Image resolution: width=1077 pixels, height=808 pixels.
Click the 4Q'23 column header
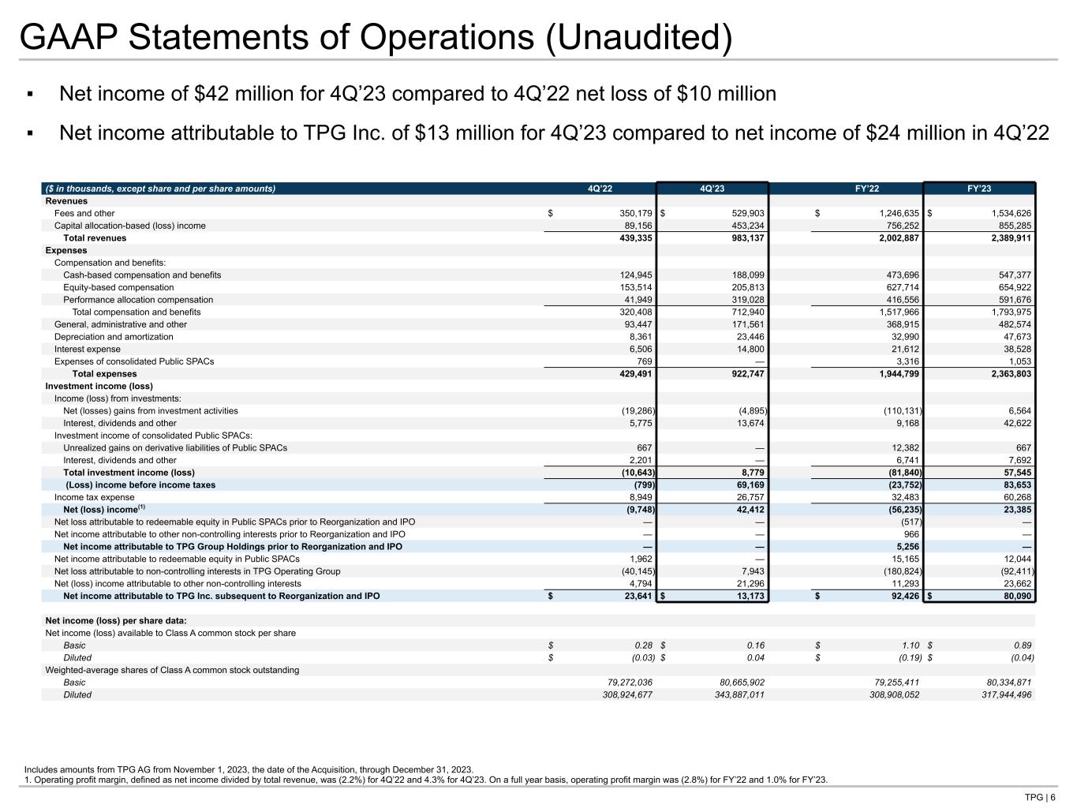712,189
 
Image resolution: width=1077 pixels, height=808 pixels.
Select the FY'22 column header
868,189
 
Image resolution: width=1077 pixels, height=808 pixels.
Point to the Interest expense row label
88,349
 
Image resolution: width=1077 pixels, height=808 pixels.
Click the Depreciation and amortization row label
114,337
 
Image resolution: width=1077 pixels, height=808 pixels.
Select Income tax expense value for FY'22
903,497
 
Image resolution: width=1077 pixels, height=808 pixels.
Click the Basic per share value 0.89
1023,645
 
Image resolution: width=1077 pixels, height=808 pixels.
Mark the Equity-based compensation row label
118,288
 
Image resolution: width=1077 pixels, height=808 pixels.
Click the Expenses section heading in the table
66,251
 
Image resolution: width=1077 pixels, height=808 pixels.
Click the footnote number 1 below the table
27,780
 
